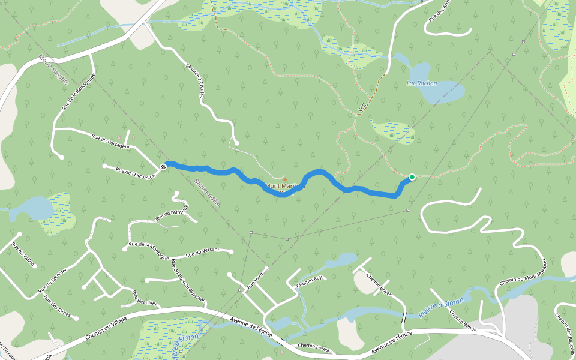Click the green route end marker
(x=412, y=176)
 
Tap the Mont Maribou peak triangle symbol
(x=285, y=179)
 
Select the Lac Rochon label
(x=422, y=83)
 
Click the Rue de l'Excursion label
(x=135, y=173)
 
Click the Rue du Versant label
(x=201, y=253)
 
